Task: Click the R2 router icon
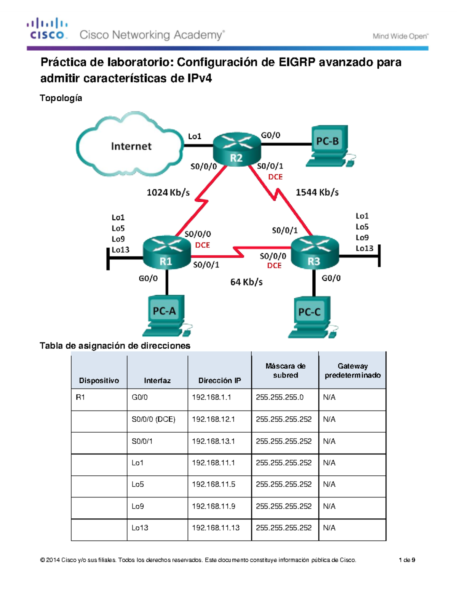236,149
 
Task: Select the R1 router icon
166,252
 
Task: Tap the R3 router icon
315,252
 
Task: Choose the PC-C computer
311,317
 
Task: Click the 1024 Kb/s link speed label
168,193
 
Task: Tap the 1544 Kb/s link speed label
317,193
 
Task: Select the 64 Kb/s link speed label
246,282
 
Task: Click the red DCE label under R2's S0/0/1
275,177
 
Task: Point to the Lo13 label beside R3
364,249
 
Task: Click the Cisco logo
47,29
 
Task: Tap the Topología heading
61,98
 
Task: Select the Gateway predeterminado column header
352,371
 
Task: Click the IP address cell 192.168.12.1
213,419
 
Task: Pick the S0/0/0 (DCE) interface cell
153,419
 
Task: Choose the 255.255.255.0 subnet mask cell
280,397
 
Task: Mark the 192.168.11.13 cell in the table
216,528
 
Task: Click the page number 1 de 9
407,560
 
